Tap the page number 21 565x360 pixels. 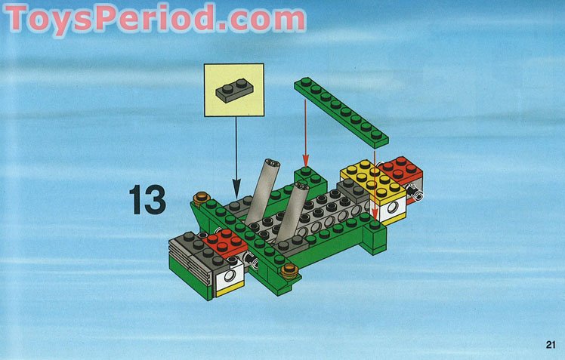549,345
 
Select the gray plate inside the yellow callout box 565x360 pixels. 233,92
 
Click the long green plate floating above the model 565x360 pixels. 341,111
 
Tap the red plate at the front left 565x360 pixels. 224,242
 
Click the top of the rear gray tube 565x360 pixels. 271,163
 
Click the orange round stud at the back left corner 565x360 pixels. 201,199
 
